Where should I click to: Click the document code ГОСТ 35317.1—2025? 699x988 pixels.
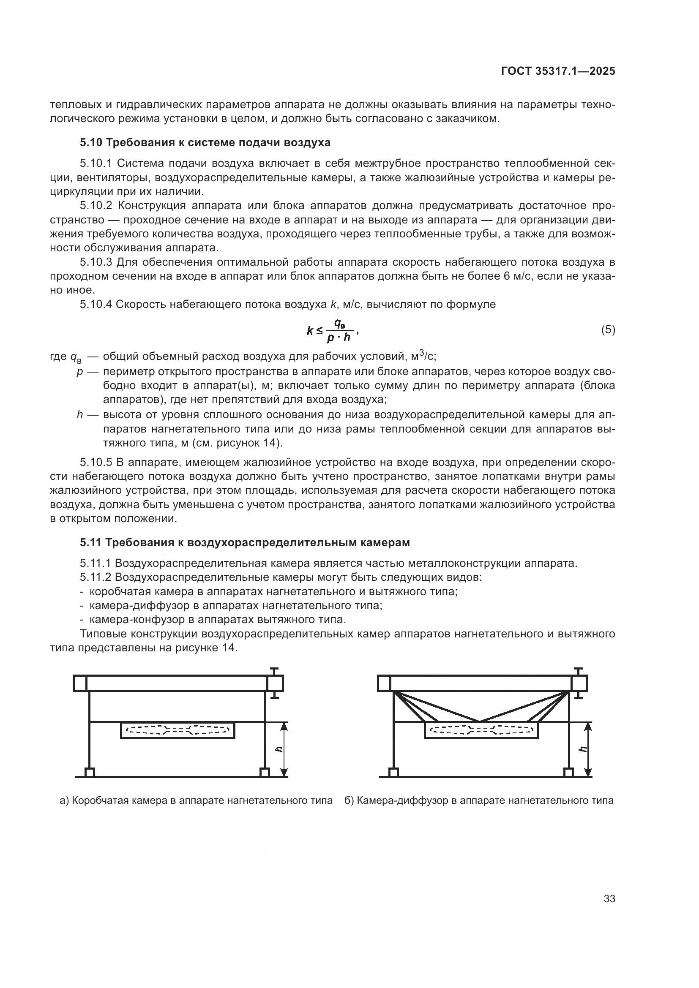[558, 71]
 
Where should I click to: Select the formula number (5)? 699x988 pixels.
[608, 329]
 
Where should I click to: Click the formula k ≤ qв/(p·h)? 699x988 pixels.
[330, 330]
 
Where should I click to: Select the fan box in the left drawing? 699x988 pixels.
[177, 731]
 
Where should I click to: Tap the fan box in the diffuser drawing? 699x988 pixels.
[481, 731]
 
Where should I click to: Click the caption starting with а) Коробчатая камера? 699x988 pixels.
[196, 800]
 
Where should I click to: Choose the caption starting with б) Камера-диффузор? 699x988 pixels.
[479, 800]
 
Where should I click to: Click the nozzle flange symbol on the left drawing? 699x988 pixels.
[275, 683]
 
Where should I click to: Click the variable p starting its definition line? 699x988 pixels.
[79, 372]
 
